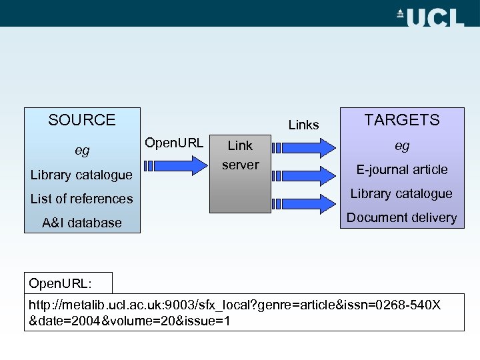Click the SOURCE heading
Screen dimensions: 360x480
pos(82,120)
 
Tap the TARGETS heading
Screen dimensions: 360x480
pos(401,120)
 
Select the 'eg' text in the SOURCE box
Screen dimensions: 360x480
pos(82,151)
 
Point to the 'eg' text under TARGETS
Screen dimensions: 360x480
pos(401,145)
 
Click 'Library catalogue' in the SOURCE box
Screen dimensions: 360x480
pos(81,175)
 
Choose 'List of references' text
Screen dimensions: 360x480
pos(82,199)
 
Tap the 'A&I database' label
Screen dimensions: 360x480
pos(82,223)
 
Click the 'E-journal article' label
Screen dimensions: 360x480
pos(401,169)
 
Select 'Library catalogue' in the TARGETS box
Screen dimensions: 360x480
pos(401,193)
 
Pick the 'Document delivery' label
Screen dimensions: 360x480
pos(401,217)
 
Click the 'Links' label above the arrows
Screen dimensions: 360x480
pos(303,125)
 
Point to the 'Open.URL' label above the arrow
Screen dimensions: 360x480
pos(174,142)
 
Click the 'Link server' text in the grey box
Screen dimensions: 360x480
pos(240,155)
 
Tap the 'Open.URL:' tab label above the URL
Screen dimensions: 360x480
pos(61,283)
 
